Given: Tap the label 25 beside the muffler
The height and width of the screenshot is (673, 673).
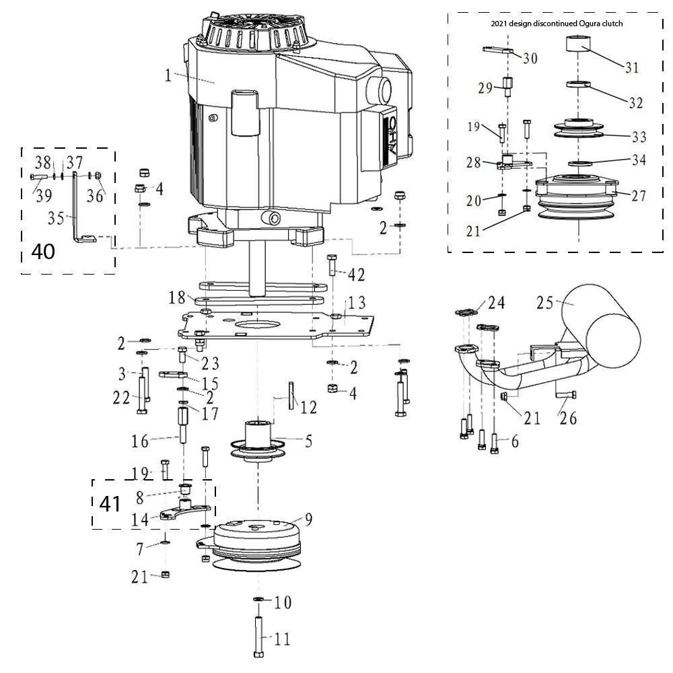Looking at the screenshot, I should (x=545, y=303).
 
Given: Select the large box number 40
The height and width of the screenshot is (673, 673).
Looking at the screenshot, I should (x=43, y=252).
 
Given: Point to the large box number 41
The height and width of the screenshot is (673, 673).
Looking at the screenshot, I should (x=110, y=503).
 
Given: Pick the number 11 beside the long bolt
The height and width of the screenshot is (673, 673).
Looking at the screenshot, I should (x=282, y=639).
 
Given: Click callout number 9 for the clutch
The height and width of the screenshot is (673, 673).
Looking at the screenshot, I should (x=308, y=519).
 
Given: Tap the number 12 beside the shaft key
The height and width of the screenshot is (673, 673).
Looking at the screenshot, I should (x=308, y=407).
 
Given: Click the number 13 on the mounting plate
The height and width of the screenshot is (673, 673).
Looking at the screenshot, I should (x=356, y=301).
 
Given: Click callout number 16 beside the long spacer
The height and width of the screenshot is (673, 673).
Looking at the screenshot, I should (x=140, y=441).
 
